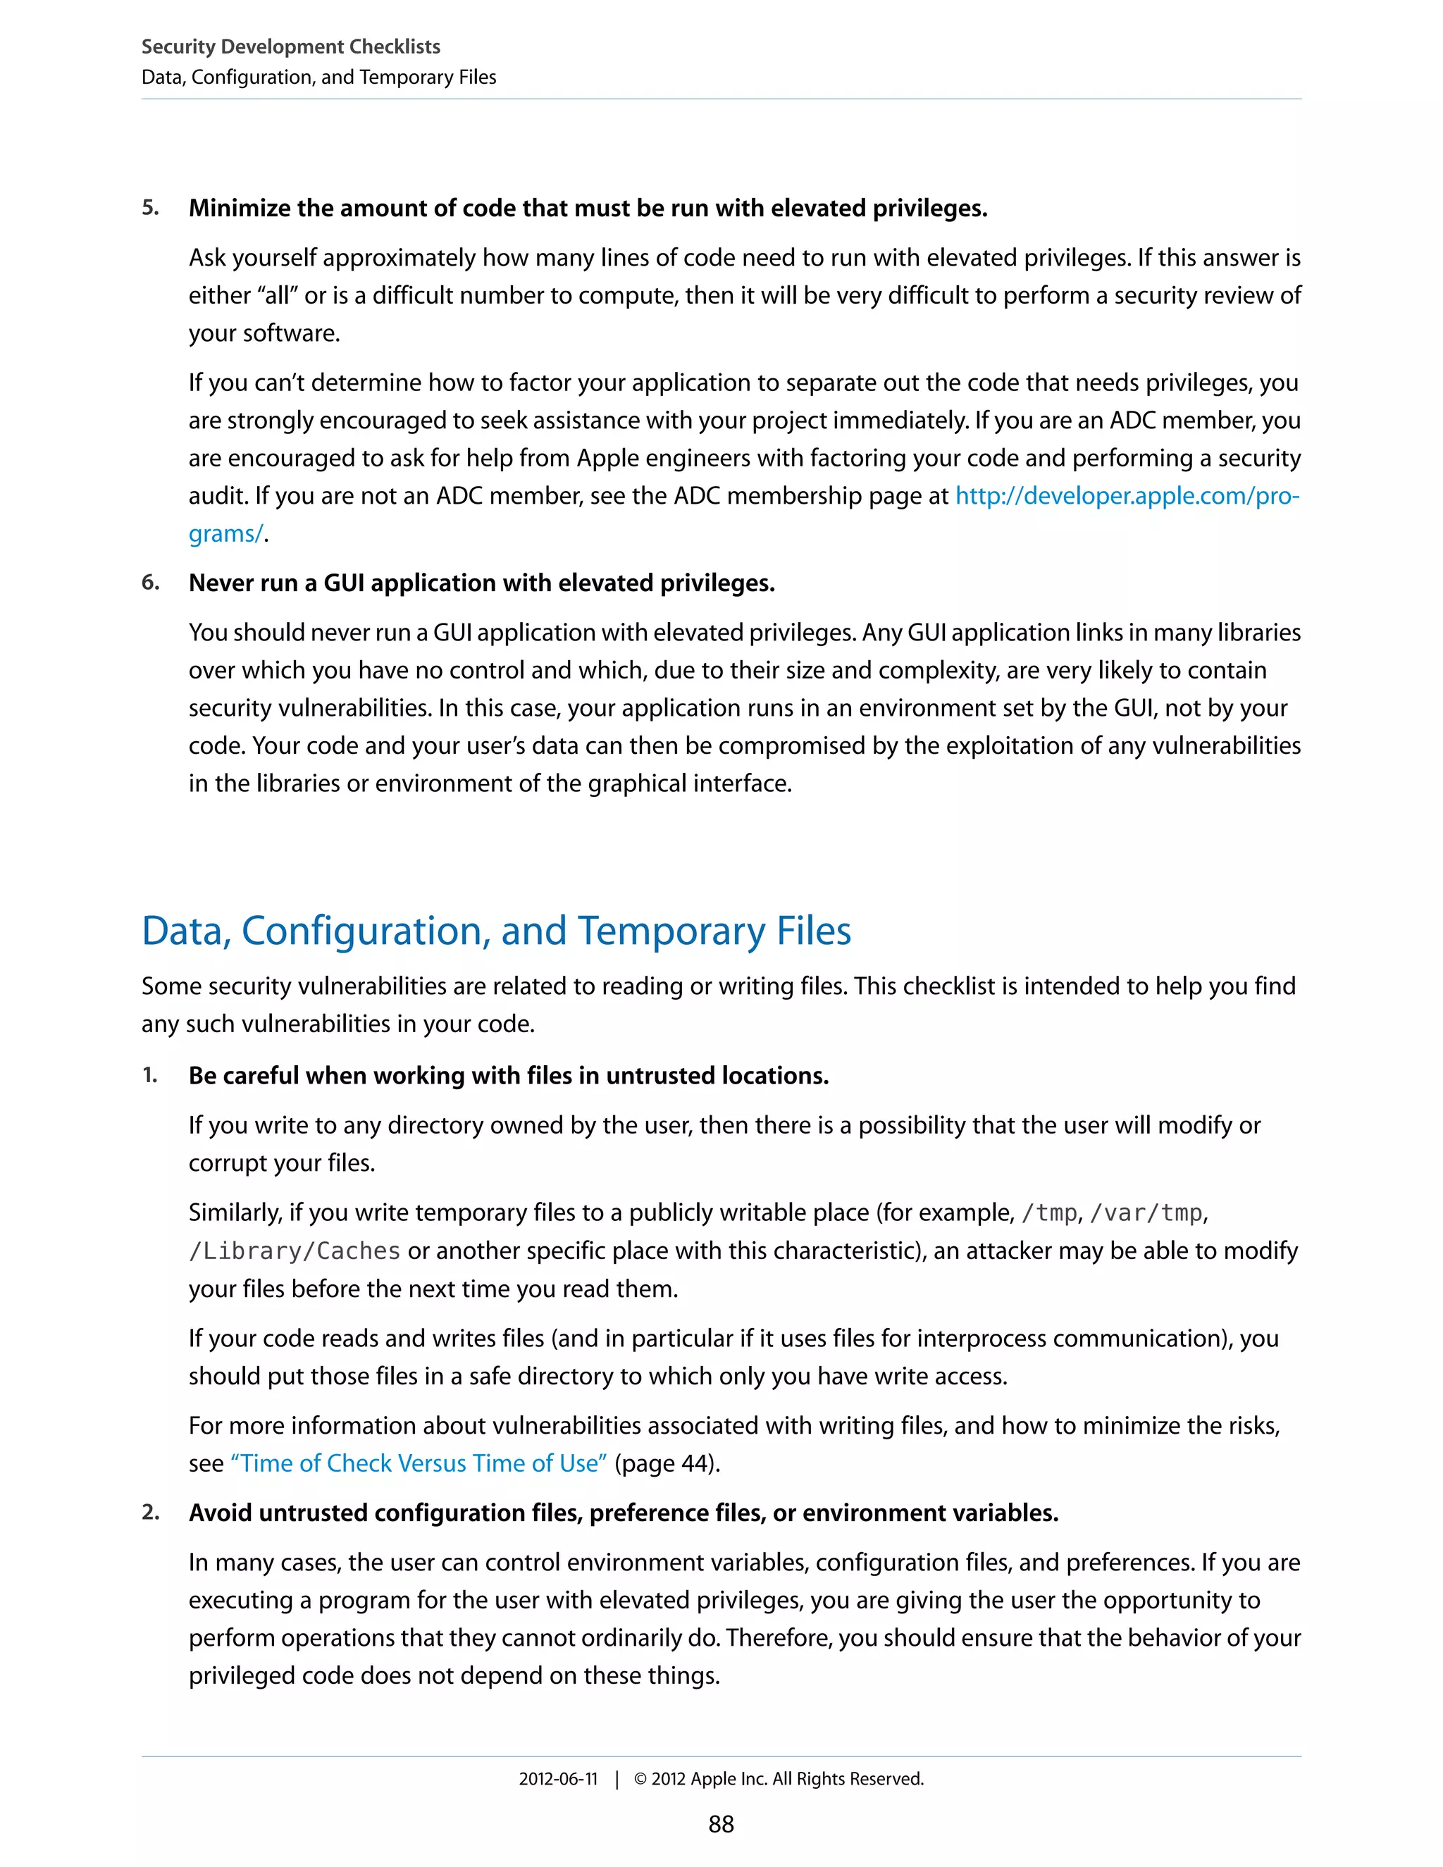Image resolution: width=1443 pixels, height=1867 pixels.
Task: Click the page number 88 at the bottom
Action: [721, 1823]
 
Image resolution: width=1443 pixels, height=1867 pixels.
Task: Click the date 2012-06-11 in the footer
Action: [557, 1778]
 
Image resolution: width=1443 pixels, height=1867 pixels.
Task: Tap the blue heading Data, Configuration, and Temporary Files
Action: [496, 930]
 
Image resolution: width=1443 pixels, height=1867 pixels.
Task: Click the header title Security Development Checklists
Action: [291, 46]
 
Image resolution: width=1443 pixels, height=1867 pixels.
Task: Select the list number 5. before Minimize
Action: [151, 208]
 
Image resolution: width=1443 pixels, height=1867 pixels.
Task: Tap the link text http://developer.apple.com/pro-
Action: [1127, 495]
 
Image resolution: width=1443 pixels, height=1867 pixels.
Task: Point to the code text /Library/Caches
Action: [294, 1251]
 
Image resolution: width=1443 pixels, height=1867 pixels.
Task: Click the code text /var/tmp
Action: [1146, 1212]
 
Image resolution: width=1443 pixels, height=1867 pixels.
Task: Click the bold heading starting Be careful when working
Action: [509, 1074]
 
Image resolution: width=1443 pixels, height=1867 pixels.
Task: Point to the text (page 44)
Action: [667, 1463]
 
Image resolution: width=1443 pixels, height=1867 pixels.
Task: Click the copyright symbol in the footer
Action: [640, 1779]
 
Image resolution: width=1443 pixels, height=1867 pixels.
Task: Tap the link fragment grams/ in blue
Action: [225, 533]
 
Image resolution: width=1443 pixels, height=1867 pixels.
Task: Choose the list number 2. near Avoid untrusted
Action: [151, 1512]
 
